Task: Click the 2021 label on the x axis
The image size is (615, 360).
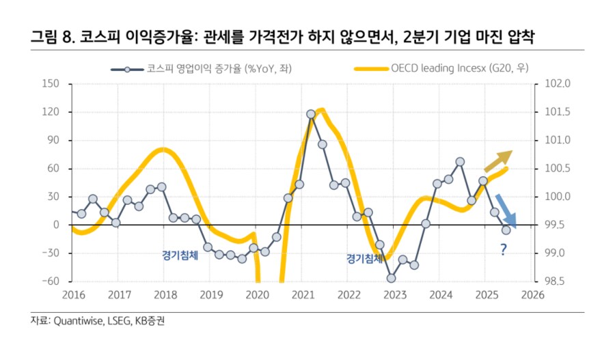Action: tap(303, 294)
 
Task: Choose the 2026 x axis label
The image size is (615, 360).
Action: tap(532, 294)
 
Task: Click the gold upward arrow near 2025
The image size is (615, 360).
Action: tap(497, 161)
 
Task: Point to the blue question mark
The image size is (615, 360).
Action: tap(503, 250)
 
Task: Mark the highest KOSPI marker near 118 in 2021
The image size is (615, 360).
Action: tap(311, 114)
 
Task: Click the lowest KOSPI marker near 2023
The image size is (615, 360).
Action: tap(392, 278)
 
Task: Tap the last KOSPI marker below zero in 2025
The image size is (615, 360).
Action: tap(506, 230)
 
